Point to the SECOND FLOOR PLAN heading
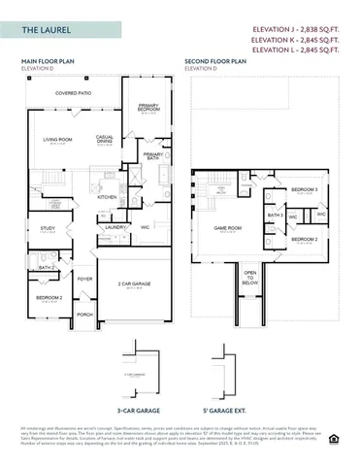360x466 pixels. click(215, 61)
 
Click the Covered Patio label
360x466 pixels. click(74, 93)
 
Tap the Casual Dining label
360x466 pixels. click(107, 139)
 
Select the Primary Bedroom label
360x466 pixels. click(148, 107)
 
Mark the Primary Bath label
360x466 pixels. click(153, 155)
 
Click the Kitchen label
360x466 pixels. click(108, 197)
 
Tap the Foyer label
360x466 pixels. click(84, 278)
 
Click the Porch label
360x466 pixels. click(84, 314)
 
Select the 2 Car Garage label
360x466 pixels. click(134, 283)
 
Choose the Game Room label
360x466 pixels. click(227, 228)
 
